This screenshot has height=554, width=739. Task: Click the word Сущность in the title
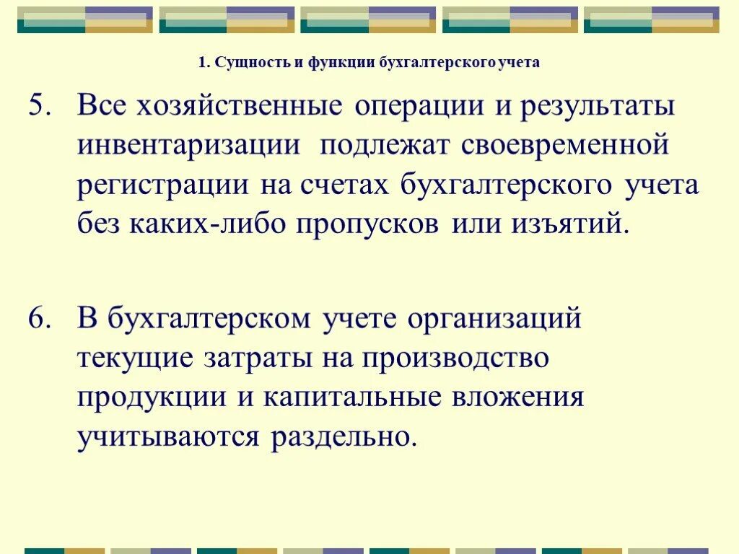click(251, 63)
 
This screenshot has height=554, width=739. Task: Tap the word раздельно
click(344, 436)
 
